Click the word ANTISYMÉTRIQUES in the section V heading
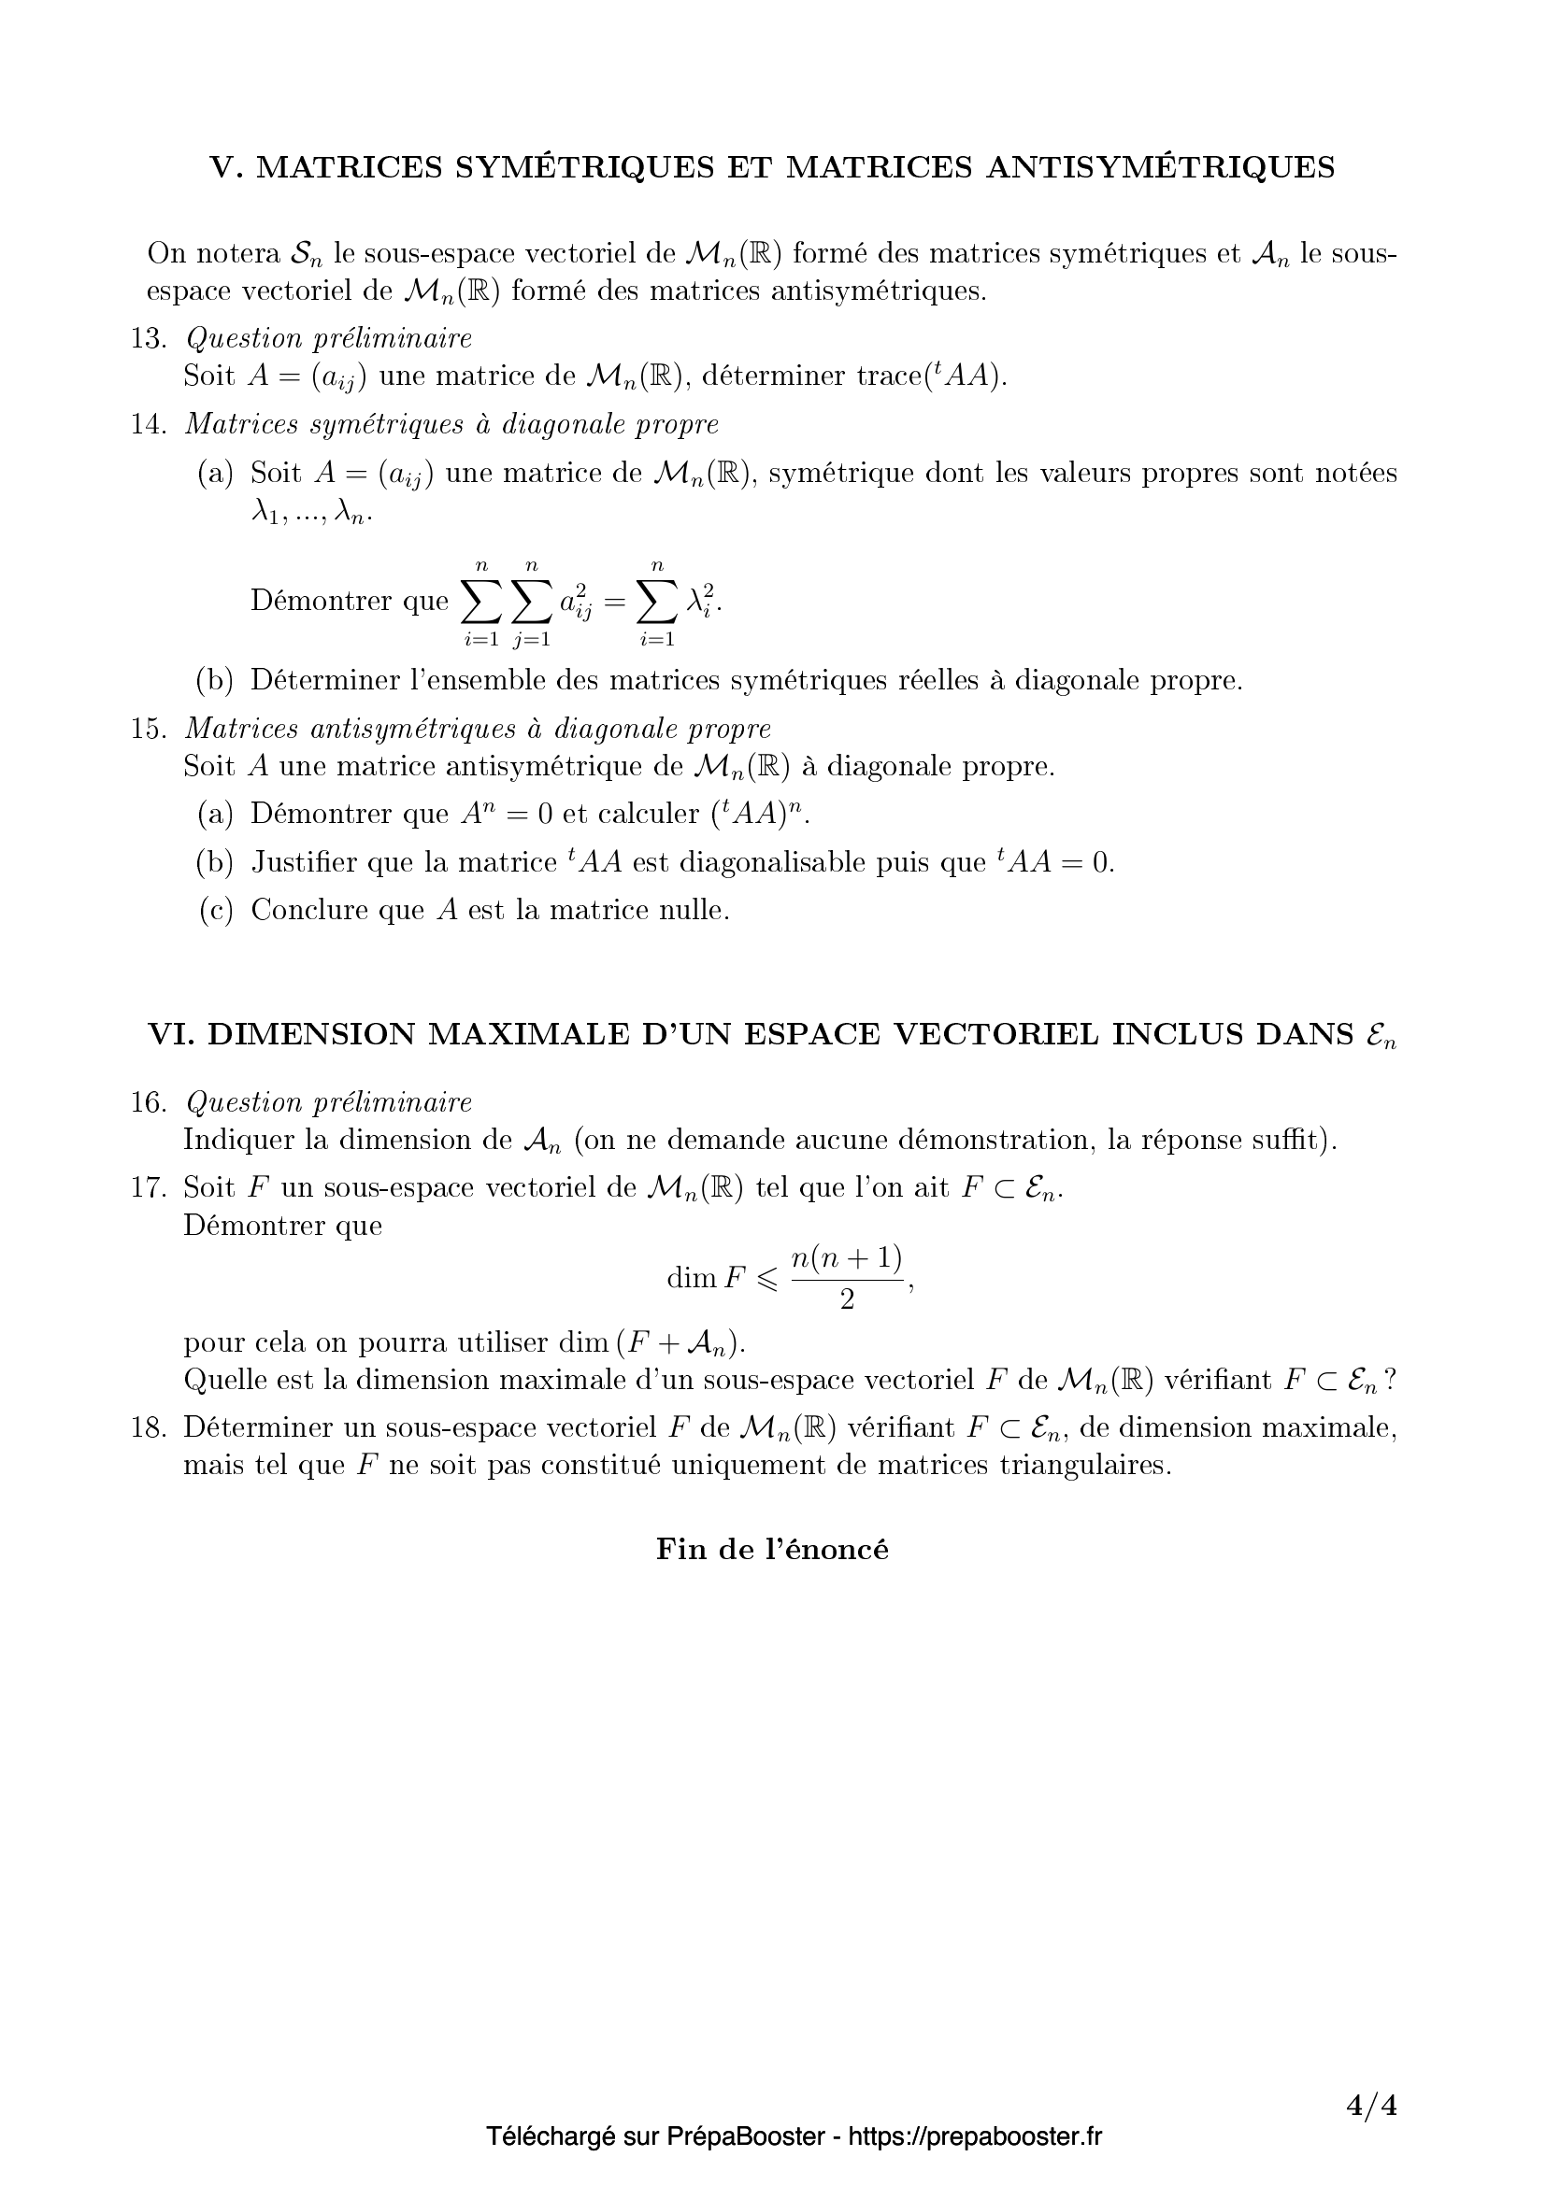pyautogui.click(x=1161, y=167)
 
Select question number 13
pyautogui.click(x=149, y=339)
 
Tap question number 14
pyautogui.click(x=149, y=424)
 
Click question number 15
pyautogui.click(x=149, y=729)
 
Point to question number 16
pyautogui.click(x=149, y=1103)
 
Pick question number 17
pyautogui.click(x=149, y=1188)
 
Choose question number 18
pyautogui.click(x=149, y=1428)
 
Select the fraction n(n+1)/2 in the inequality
pyautogui.click(x=846, y=1278)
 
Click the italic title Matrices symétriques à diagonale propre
pyautogui.click(x=452, y=424)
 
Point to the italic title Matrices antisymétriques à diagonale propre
pyautogui.click(x=478, y=729)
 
